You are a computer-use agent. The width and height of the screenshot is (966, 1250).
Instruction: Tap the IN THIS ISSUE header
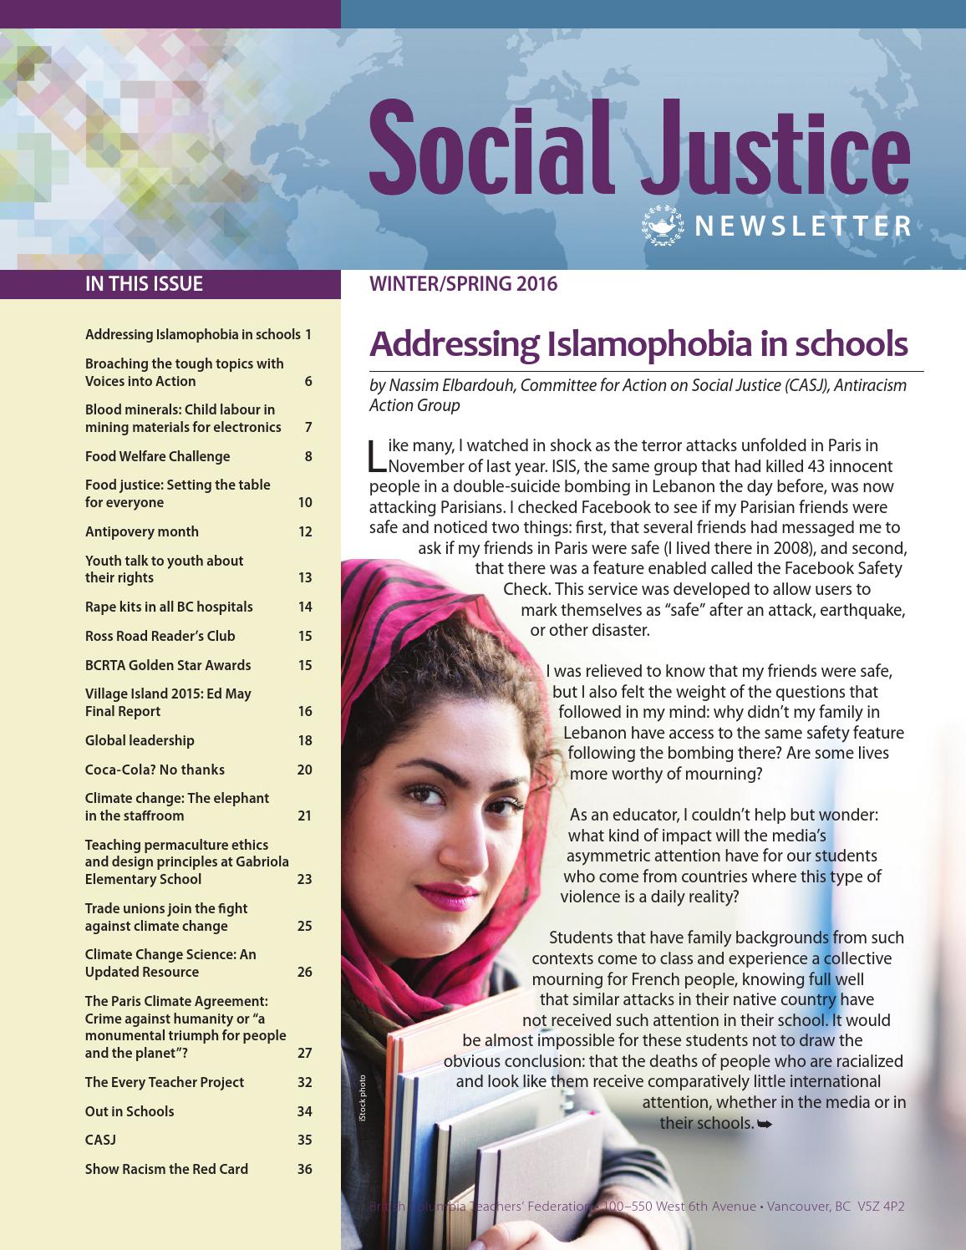[144, 284]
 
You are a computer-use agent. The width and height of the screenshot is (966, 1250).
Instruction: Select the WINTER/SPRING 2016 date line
[463, 284]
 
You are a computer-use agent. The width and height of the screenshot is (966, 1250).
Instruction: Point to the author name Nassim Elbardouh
[445, 385]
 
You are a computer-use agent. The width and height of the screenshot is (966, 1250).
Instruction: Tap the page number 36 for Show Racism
[305, 1169]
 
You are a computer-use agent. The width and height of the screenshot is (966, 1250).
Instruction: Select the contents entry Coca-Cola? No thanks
[155, 770]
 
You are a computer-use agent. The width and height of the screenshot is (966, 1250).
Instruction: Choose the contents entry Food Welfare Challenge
[157, 456]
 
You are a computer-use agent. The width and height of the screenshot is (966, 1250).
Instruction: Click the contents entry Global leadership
[140, 740]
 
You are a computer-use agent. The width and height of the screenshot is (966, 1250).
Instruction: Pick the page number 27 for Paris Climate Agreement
[305, 1053]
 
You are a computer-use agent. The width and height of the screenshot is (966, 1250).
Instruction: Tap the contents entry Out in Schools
[130, 1111]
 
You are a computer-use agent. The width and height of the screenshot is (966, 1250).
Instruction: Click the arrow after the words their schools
[765, 1125]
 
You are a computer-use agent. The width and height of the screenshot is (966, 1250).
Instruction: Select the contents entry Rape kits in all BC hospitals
[169, 607]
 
